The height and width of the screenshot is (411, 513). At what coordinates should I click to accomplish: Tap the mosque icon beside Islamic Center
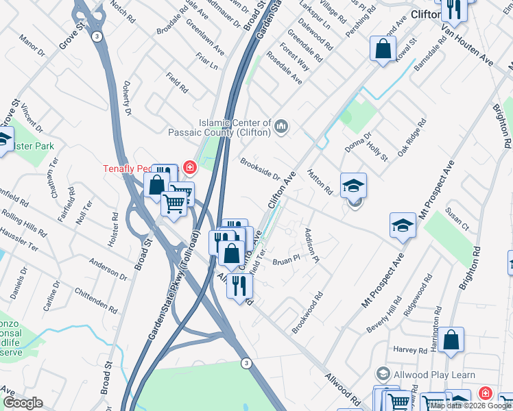(282, 126)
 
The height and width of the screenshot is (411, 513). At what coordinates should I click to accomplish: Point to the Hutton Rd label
(320, 182)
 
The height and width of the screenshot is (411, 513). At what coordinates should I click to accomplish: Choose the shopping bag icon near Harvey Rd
(452, 340)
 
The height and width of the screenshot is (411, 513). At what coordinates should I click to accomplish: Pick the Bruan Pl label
(287, 260)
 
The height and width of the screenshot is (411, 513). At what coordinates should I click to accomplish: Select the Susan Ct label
(457, 220)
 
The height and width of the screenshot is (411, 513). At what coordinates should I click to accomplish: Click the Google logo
(23, 403)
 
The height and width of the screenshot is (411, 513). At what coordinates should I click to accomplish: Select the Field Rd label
(177, 83)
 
